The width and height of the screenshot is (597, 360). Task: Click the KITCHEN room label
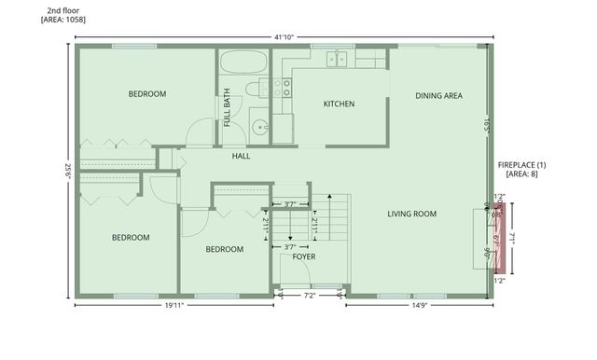(339, 104)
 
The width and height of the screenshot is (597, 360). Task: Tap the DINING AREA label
(439, 95)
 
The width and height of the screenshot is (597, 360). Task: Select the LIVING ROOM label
(412, 215)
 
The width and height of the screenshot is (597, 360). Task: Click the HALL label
(242, 156)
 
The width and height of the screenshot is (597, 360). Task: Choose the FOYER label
(304, 256)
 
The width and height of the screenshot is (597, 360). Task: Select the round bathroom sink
(258, 127)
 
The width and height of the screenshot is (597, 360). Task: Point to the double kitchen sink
(336, 60)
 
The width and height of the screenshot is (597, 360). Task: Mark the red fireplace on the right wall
(497, 239)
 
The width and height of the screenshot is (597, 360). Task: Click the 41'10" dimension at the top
(285, 37)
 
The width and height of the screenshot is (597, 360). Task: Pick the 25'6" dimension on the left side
(67, 172)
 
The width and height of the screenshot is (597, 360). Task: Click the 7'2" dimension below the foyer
(311, 296)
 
